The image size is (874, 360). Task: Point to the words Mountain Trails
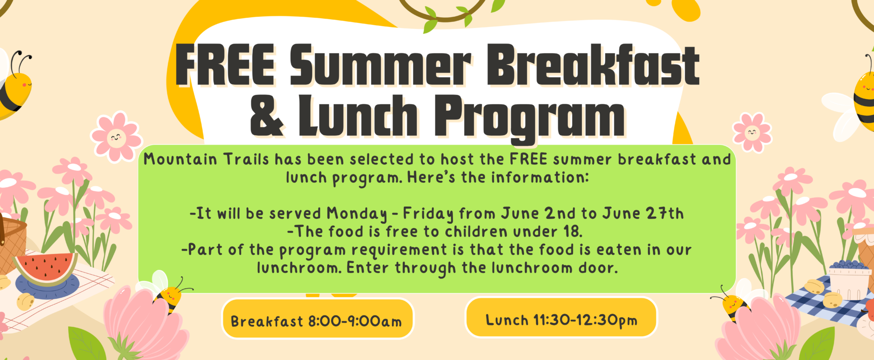(x=206, y=159)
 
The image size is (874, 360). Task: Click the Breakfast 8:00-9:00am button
(x=318, y=318)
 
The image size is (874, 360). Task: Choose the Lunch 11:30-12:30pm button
(x=561, y=317)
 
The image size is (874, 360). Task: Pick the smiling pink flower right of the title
(x=752, y=133)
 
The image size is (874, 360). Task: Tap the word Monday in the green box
(x=357, y=214)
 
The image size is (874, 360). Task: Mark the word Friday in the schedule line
(x=428, y=214)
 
